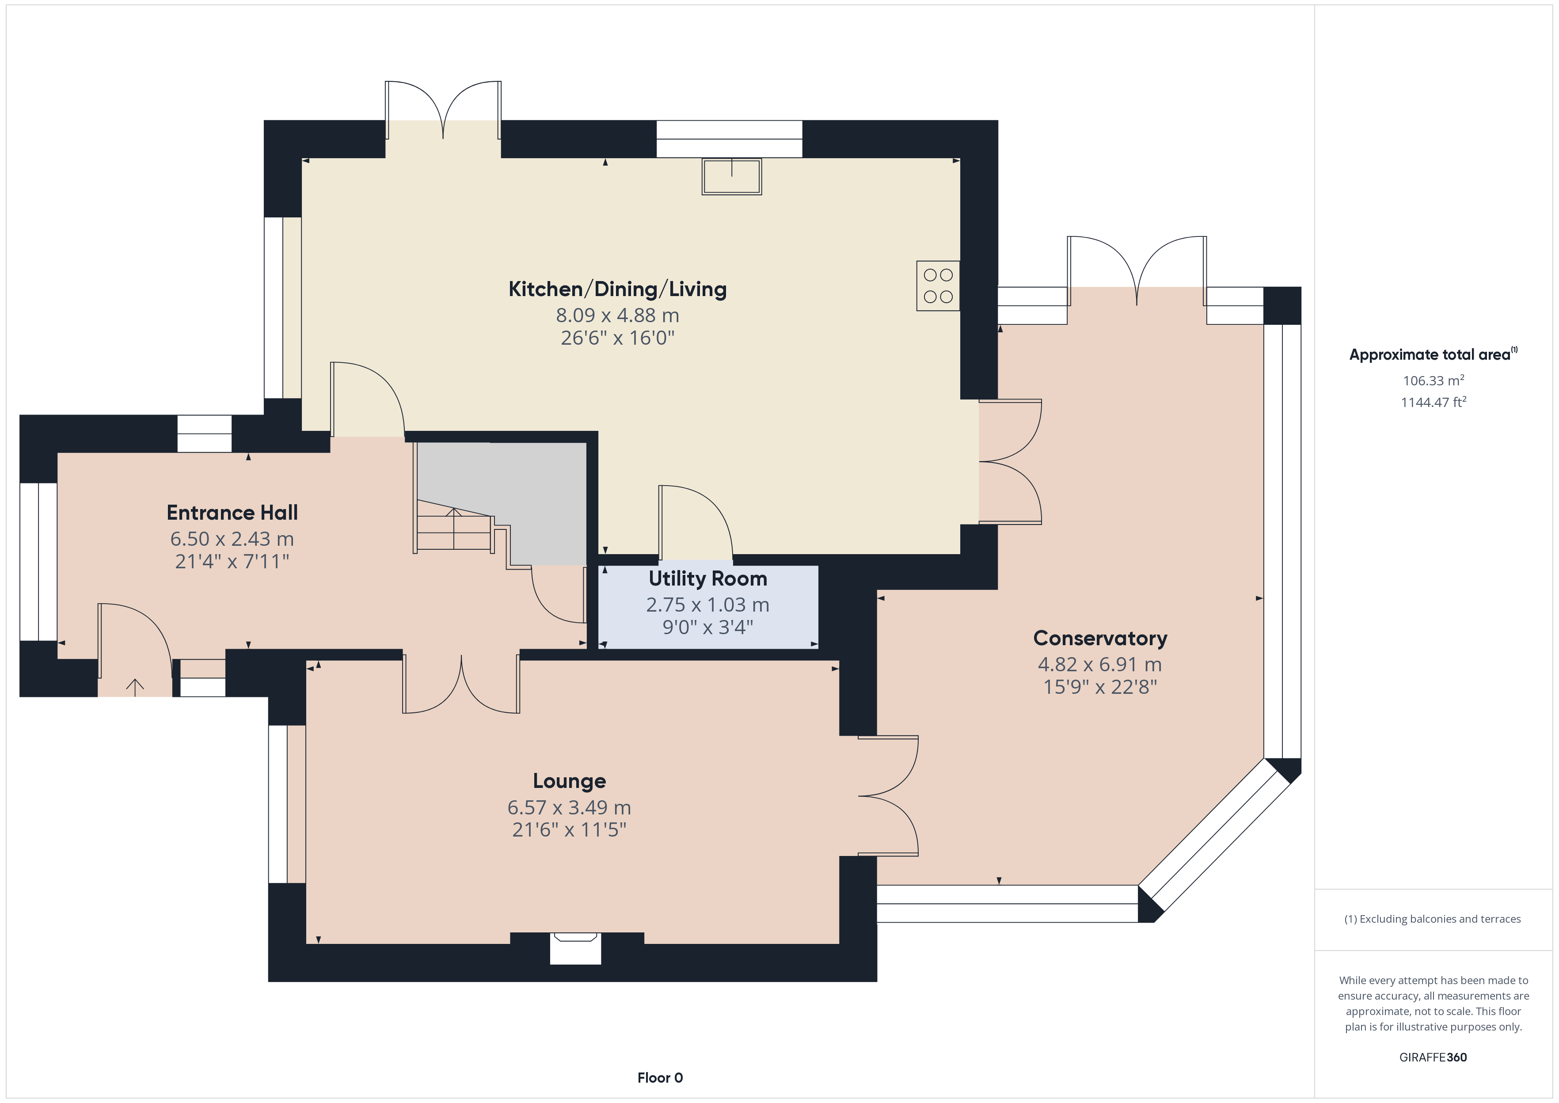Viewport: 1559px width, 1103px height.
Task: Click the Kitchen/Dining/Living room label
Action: (617, 289)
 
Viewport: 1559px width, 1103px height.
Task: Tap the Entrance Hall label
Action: (232, 512)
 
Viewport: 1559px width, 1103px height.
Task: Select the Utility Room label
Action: (707, 578)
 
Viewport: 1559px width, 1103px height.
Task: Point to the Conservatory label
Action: (1100, 639)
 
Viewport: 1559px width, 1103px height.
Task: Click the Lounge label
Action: (569, 781)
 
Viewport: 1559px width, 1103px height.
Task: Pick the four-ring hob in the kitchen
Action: (938, 286)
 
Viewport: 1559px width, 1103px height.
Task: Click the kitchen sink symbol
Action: (731, 177)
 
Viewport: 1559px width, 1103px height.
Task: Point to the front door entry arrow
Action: (135, 687)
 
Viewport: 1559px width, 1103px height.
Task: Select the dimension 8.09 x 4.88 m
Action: (617, 315)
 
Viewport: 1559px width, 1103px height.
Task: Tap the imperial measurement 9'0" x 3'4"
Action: (707, 627)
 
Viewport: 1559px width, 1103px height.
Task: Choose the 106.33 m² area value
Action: (1434, 380)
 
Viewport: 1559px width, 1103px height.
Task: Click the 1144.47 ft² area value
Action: (1434, 402)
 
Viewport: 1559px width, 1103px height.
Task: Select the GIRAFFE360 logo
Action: (1433, 1057)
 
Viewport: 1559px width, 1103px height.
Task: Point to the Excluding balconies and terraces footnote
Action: (1433, 919)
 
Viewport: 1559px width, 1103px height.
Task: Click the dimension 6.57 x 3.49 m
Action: (569, 807)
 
